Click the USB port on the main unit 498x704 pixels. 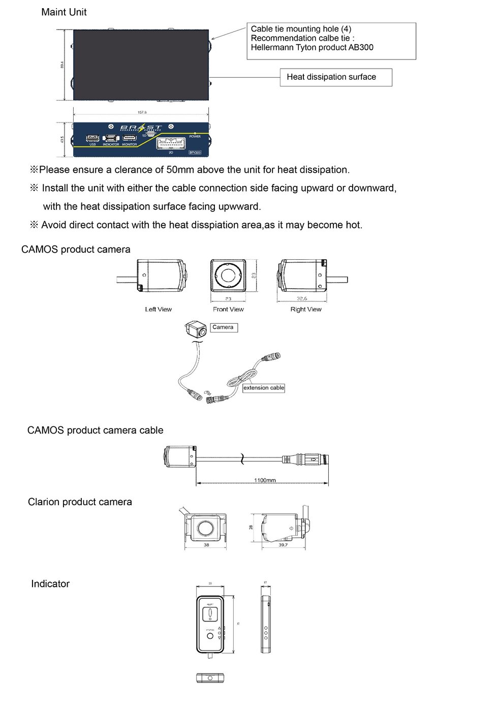[x=92, y=138]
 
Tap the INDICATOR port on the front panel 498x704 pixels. [x=111, y=138]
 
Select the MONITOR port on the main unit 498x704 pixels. [x=129, y=138]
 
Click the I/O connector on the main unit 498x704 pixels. [x=170, y=143]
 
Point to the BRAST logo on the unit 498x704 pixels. [x=141, y=128]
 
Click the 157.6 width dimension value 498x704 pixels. [x=142, y=112]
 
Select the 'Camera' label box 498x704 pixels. [x=223, y=327]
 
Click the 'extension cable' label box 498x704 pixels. [x=263, y=388]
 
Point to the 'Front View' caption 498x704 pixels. [x=228, y=309]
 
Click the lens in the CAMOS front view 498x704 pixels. [x=228, y=276]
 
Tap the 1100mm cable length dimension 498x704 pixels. [x=265, y=480]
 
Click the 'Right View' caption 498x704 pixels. [x=306, y=309]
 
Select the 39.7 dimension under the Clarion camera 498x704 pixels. [x=283, y=545]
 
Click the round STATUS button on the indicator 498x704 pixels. [x=210, y=636]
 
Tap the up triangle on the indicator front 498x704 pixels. [x=220, y=628]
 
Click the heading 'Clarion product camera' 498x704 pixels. [x=80, y=502]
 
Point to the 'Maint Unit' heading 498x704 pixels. [x=64, y=12]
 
